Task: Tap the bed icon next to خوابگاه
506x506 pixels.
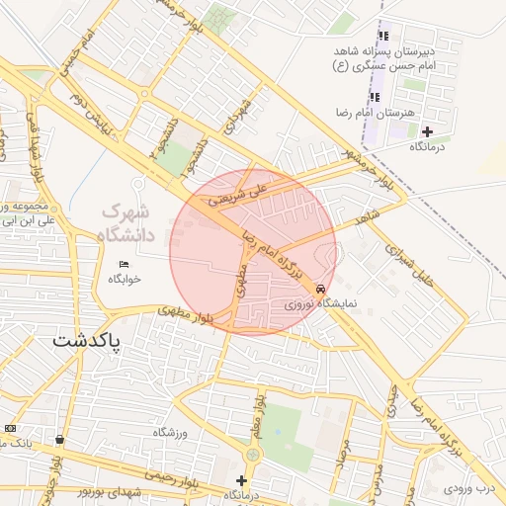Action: coord(124,264)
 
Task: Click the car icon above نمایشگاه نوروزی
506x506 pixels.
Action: coord(320,289)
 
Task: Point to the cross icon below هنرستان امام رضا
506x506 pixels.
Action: coord(427,131)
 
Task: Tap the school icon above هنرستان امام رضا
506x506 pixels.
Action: coord(375,97)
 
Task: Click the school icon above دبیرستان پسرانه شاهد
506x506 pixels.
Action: coord(381,38)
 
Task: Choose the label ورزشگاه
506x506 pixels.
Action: coord(170,433)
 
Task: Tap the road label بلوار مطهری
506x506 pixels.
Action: coord(188,316)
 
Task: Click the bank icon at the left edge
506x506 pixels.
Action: coord(10,428)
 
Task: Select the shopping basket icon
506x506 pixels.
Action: coord(60,439)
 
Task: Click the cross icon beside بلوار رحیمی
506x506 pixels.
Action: coord(240,480)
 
